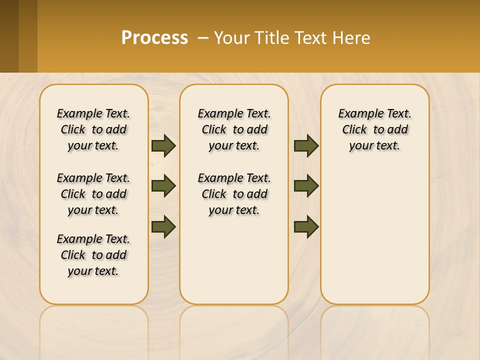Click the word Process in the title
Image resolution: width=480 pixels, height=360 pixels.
[154, 37]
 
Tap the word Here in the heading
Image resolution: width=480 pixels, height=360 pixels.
[352, 37]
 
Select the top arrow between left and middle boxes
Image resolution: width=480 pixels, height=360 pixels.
[163, 146]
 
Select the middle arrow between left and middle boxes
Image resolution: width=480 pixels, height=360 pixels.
[163, 186]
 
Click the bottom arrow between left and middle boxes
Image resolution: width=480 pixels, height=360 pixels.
[163, 226]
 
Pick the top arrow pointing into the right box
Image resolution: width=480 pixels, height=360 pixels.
[306, 146]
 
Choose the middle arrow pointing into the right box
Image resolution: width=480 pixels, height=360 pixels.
[306, 186]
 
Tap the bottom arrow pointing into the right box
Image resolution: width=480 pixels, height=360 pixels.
[306, 226]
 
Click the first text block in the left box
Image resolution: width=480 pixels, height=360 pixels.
[93, 129]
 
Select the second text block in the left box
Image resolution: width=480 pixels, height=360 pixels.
[93, 194]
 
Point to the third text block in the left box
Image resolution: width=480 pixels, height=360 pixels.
[93, 255]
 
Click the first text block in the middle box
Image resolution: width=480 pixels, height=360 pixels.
[234, 129]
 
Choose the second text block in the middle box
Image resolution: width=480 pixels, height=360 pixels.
[234, 194]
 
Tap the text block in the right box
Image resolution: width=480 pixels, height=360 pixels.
[375, 129]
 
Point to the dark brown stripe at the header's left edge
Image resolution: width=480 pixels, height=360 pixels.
[9, 36]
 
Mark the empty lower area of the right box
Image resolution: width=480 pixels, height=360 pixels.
[375, 240]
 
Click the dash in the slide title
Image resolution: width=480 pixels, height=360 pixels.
[203, 37]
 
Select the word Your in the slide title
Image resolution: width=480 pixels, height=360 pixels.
[232, 37]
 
